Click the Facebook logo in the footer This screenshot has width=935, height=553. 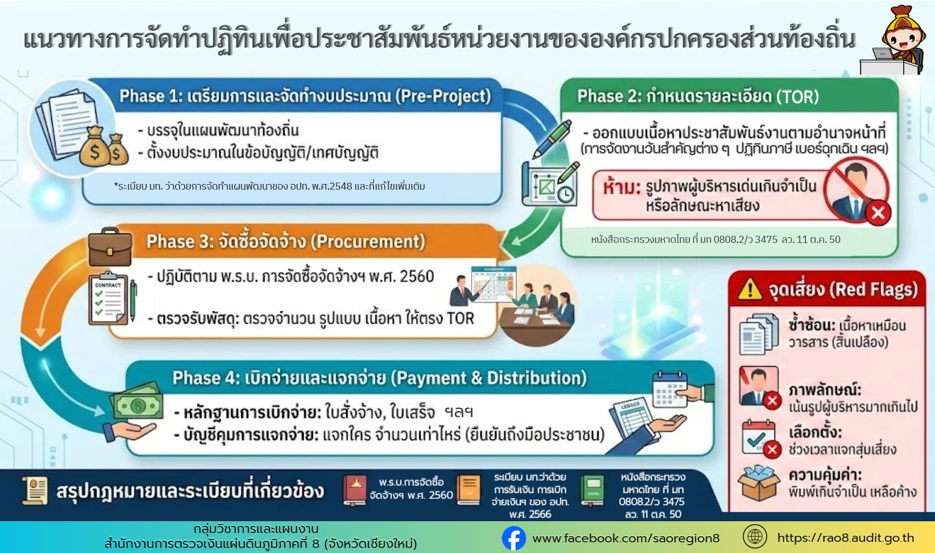514,539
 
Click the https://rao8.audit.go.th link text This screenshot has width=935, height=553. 845,538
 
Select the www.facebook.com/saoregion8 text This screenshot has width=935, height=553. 626,539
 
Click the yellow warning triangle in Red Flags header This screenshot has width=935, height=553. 750,289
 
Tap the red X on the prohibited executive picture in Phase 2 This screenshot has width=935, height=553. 878,213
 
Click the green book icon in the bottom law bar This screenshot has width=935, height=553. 593,491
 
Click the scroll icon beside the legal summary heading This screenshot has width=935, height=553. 35,491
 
